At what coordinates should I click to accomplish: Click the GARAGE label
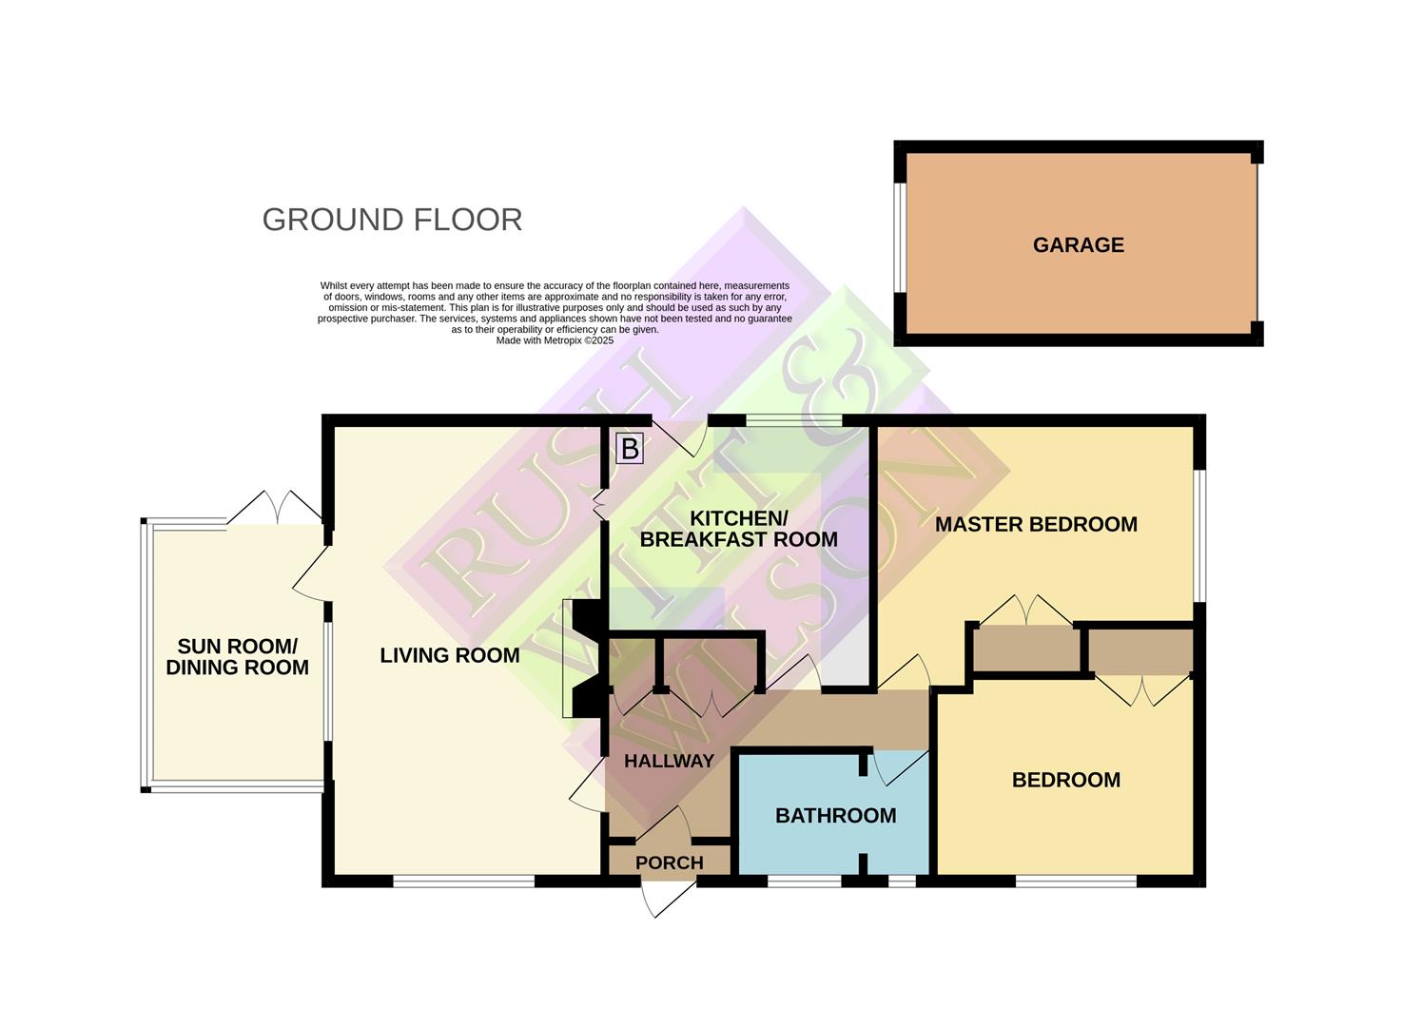(1078, 245)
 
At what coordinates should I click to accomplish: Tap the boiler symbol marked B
(630, 448)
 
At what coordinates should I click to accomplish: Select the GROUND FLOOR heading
(392, 220)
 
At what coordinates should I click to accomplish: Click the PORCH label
(670, 862)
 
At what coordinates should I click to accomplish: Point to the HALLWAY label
(669, 761)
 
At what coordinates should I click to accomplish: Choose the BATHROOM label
(835, 815)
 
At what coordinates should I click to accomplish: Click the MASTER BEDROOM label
(1036, 524)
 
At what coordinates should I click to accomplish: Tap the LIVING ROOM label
(449, 655)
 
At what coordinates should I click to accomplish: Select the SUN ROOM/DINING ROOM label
(237, 657)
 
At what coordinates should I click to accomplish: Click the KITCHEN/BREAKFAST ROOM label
(738, 529)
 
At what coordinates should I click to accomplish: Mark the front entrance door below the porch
(669, 898)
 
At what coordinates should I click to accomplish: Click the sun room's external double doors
(275, 508)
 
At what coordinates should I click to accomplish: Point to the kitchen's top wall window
(793, 420)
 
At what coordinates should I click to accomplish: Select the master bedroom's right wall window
(1199, 535)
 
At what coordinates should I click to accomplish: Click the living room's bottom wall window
(463, 882)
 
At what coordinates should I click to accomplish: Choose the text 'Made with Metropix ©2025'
(555, 340)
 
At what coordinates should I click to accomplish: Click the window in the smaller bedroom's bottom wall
(1076, 882)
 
